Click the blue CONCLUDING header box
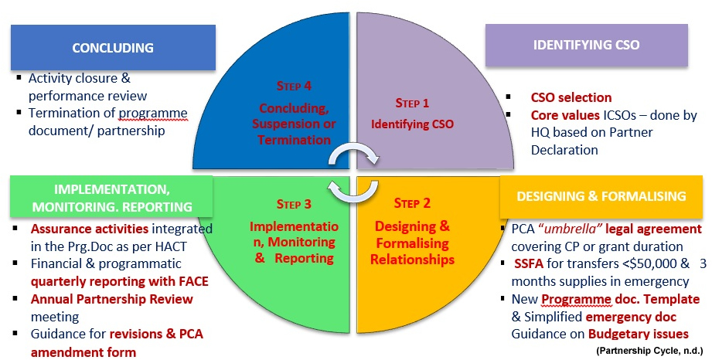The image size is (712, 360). pyautogui.click(x=113, y=47)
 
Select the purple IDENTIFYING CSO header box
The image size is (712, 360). pyautogui.click(x=587, y=45)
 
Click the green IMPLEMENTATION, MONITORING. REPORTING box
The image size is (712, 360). pyautogui.click(x=112, y=199)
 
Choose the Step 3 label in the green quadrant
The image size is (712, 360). pyautogui.click(x=293, y=205)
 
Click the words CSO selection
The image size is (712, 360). pyautogui.click(x=571, y=98)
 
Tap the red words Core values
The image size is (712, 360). pyautogui.click(x=564, y=115)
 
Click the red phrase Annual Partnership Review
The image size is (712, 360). pyautogui.click(x=112, y=299)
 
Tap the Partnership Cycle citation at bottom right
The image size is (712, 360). pyautogui.click(x=647, y=350)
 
